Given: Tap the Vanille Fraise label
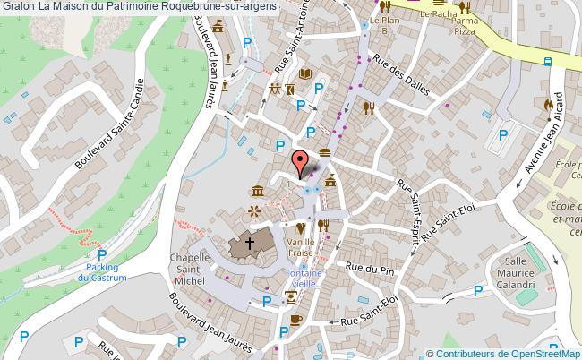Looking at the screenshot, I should [299, 247].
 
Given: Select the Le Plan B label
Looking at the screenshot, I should [385, 24].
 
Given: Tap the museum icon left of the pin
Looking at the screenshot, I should [258, 191].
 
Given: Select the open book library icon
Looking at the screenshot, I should [304, 73].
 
